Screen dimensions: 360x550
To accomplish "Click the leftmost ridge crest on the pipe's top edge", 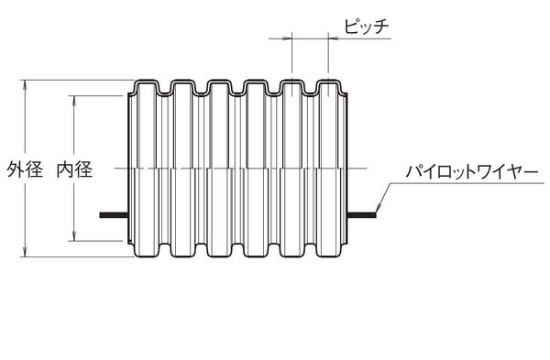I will point(150,82).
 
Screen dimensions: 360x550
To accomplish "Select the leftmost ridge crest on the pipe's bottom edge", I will point(150,256).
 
